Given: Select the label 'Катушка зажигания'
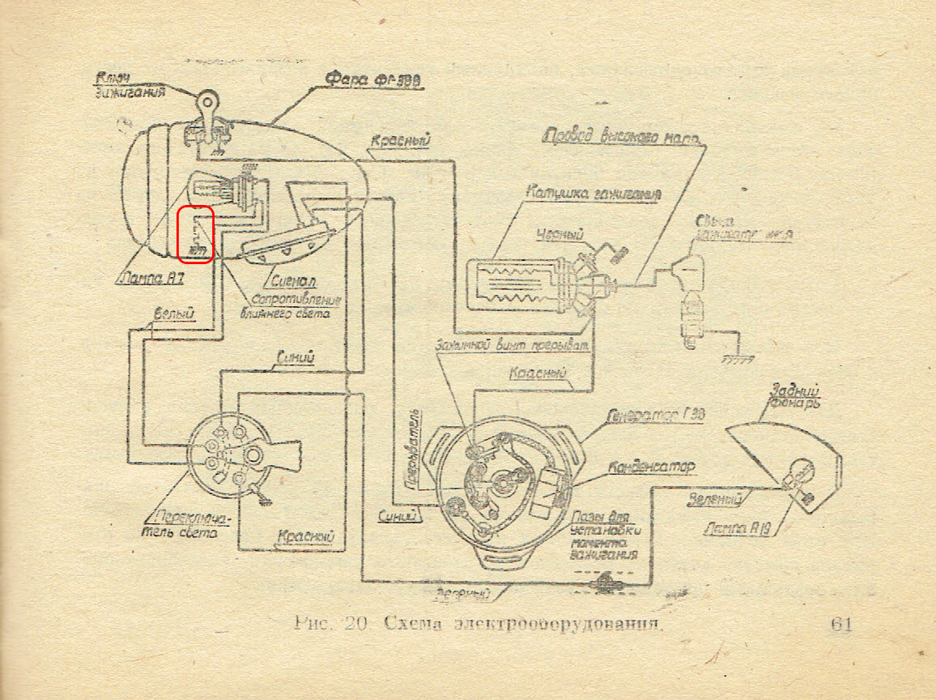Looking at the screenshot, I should pyautogui.click(x=593, y=194).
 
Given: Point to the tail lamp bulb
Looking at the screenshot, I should pyautogui.click(x=797, y=472).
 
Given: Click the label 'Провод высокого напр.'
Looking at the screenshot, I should pyautogui.click(x=623, y=135).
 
